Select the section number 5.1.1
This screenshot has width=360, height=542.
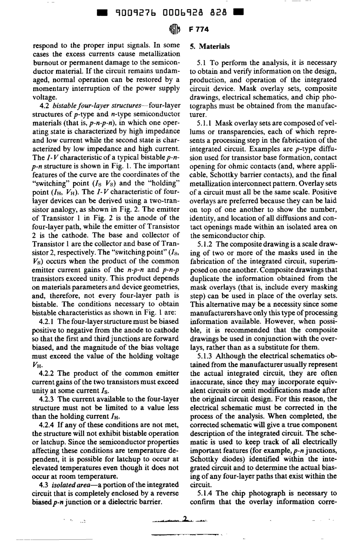205,124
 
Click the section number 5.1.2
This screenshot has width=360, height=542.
205,244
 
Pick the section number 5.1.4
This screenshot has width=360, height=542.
205,493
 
